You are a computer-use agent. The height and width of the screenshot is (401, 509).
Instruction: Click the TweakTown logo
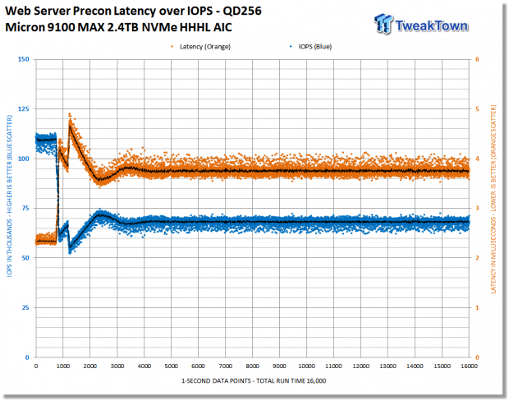[421, 24]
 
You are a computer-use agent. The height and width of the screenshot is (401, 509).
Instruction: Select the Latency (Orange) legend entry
[201, 47]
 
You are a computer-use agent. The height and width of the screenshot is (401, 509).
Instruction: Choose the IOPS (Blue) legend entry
[310, 47]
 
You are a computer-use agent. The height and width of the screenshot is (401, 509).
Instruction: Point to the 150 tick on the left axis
[23, 59]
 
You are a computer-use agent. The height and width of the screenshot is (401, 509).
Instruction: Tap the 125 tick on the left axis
[23, 108]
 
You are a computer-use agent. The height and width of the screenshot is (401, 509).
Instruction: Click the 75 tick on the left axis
[25, 208]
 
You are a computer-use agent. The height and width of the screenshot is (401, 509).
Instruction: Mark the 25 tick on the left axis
[25, 308]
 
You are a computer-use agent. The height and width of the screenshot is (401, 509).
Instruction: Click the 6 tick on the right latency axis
[477, 59]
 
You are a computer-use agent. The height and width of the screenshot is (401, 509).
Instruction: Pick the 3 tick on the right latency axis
[477, 208]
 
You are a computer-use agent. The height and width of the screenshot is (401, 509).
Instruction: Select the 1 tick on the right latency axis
[477, 308]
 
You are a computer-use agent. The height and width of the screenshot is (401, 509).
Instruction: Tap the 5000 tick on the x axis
[171, 366]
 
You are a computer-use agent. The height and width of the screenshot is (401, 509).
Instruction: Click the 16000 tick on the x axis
[469, 366]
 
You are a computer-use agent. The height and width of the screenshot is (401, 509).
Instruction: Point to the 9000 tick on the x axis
[279, 366]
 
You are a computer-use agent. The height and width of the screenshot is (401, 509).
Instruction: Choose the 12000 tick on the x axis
[360, 366]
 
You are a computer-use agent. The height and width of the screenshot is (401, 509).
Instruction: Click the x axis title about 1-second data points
[254, 380]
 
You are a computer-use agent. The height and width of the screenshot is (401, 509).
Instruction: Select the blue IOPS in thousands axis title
[9, 196]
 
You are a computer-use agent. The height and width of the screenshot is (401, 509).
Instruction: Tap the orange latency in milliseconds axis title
[493, 199]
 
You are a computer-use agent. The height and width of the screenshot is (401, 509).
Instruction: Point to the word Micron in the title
[25, 27]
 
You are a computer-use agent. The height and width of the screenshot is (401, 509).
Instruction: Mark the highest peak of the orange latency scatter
[70, 114]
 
